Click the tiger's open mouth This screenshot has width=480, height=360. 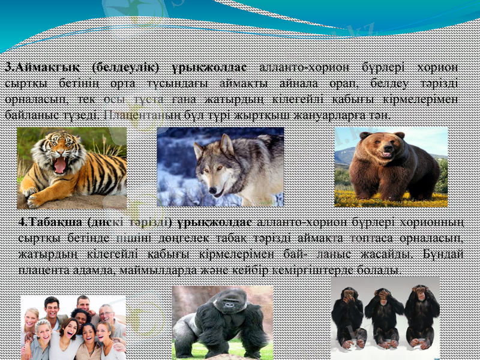(60, 164)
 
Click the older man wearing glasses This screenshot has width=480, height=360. (106, 313)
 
